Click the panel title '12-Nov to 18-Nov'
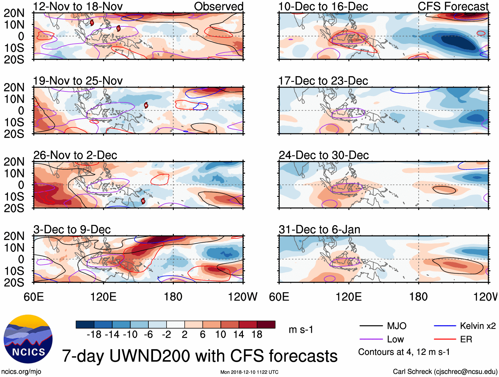(78, 6)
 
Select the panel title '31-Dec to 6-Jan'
(319, 229)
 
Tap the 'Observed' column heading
(218, 6)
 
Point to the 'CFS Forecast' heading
(453, 6)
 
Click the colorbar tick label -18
(94, 335)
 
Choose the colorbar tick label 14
(239, 335)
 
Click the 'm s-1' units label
(301, 329)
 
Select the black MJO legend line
(371, 326)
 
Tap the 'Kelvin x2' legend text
(478, 326)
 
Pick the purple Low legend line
(371, 339)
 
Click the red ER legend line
(445, 339)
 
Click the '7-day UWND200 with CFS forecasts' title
(200, 356)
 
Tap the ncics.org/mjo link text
(21, 372)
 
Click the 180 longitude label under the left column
(173, 297)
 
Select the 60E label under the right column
(279, 297)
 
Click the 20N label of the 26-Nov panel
(14, 162)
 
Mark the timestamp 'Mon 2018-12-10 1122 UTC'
(249, 372)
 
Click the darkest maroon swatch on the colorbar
(266, 325)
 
